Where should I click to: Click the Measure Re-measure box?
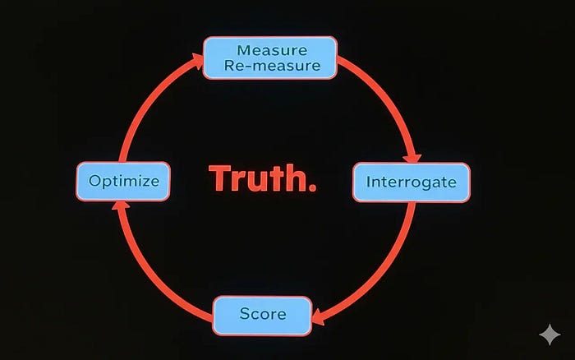(269, 58)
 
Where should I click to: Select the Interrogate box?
(411, 182)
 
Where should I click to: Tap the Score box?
(263, 315)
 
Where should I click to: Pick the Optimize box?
(124, 181)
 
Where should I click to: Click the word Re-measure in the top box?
(269, 66)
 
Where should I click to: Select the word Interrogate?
(411, 182)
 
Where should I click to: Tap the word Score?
(263, 315)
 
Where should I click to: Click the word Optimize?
(124, 181)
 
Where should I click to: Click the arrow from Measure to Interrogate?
(386, 99)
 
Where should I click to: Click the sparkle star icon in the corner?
(548, 335)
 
